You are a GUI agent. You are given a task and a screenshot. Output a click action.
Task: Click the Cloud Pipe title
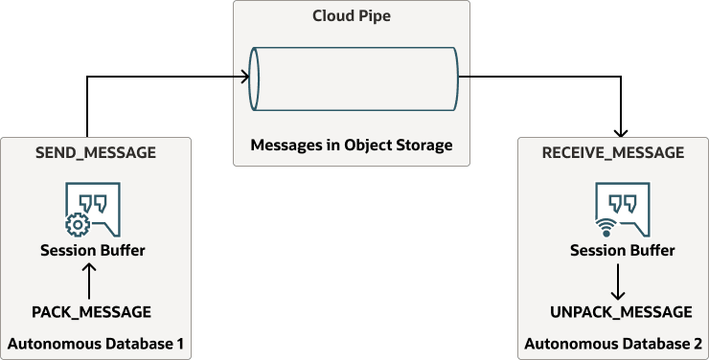point(352,17)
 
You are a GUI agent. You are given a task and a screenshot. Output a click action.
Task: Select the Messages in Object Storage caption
point(351,146)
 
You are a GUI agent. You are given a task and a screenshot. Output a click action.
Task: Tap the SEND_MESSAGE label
point(95,152)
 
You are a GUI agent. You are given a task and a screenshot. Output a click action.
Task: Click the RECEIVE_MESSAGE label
point(613,152)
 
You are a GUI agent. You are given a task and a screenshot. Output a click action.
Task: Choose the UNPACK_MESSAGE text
point(621,312)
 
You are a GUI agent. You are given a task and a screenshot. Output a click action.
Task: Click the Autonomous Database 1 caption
point(95,343)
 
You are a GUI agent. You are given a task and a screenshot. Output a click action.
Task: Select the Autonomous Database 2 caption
point(613,343)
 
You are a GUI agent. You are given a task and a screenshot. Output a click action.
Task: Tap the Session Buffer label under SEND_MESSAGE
point(92,251)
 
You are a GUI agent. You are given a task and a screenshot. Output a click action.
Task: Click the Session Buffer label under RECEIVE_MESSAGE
point(622,251)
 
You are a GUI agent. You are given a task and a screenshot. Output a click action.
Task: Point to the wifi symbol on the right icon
point(606,227)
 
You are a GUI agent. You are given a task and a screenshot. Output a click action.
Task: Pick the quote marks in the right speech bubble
point(623,204)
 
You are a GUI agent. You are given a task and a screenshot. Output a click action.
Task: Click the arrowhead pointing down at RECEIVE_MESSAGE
point(622,133)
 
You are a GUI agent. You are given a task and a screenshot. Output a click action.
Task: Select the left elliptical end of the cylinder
point(254,77)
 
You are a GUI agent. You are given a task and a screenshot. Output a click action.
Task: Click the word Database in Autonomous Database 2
point(647,343)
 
